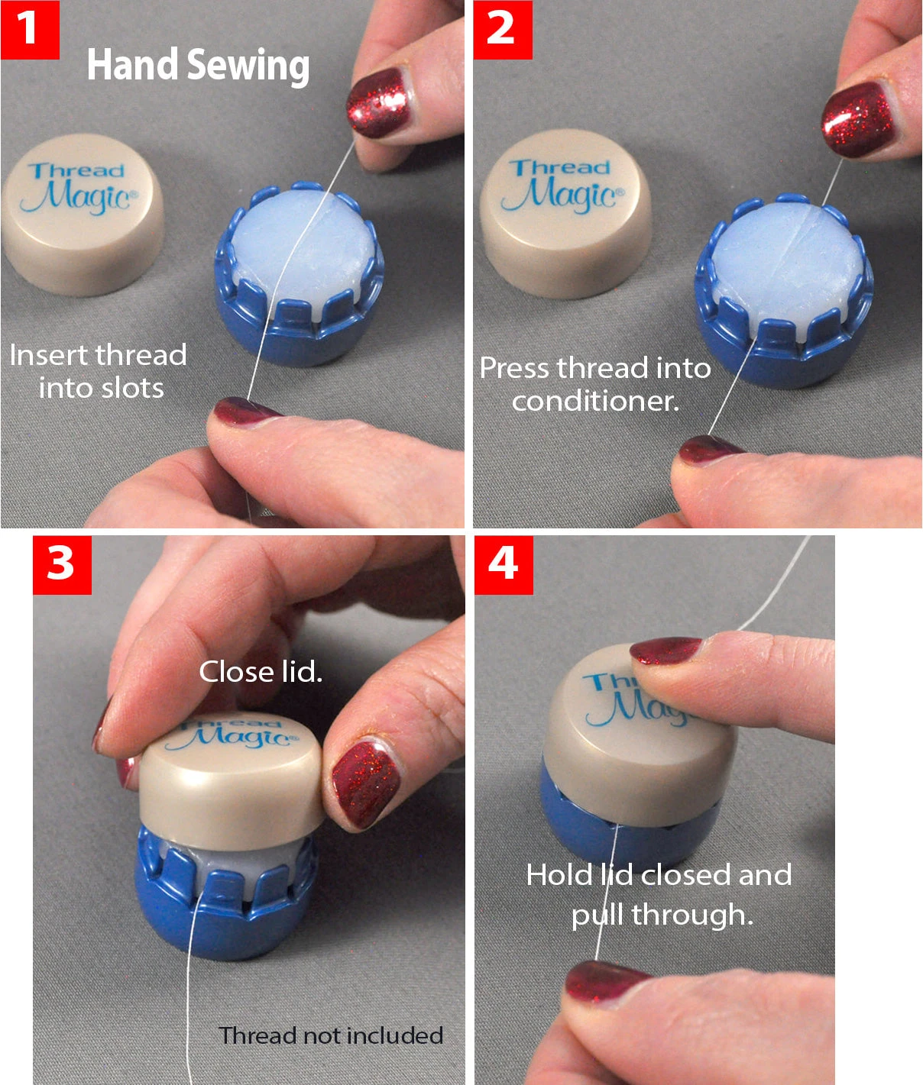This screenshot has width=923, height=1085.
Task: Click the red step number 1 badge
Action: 30,29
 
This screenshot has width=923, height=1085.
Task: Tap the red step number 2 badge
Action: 502,29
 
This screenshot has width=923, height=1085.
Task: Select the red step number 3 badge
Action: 62,565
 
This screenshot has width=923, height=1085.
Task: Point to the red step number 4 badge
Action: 504,565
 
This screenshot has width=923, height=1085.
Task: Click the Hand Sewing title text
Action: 198,65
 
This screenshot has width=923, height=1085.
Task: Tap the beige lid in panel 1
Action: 83,214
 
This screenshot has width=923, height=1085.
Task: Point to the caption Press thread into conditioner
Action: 595,384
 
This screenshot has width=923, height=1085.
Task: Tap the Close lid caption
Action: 261,672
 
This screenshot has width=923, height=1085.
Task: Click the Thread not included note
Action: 331,1035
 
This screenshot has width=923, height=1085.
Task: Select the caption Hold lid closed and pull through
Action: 659,894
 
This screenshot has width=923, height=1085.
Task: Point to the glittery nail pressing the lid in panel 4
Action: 665,651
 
